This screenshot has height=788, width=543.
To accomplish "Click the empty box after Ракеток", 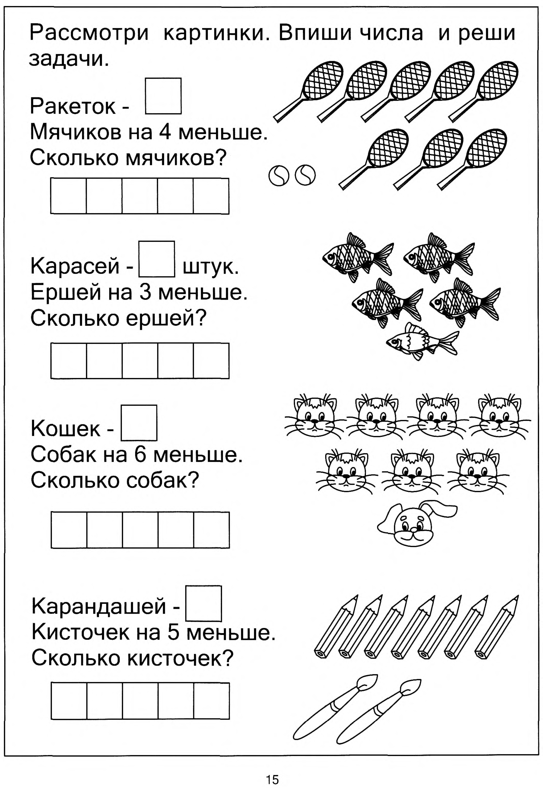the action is pos(163,96).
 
